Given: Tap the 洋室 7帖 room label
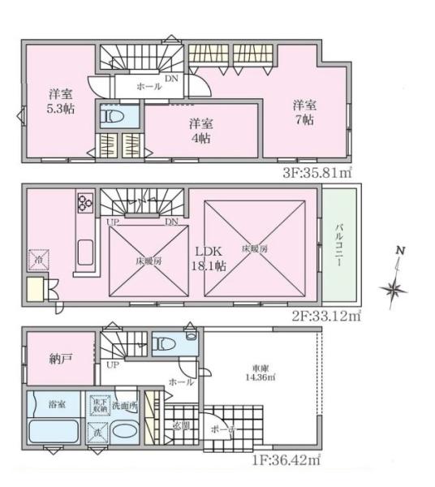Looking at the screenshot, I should coord(304,111).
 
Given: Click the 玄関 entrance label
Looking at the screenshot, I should coord(181,426).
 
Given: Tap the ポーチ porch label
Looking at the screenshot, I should coord(219,429).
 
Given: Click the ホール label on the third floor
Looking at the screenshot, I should coord(148,85).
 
